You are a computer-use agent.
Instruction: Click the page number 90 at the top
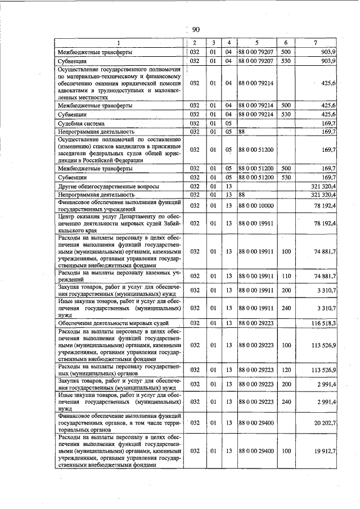pos(196,30)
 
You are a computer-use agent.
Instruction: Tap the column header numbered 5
pos(256,43)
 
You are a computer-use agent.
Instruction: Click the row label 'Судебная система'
pos(82,123)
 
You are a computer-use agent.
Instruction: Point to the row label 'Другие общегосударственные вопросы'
pos(109,186)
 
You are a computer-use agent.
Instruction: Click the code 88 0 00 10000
pos(256,206)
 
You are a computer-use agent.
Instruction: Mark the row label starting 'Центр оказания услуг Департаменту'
pos(120,223)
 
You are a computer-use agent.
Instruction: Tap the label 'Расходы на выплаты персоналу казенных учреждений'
pos(120,276)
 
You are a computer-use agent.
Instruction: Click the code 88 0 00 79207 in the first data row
pos(256,52)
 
